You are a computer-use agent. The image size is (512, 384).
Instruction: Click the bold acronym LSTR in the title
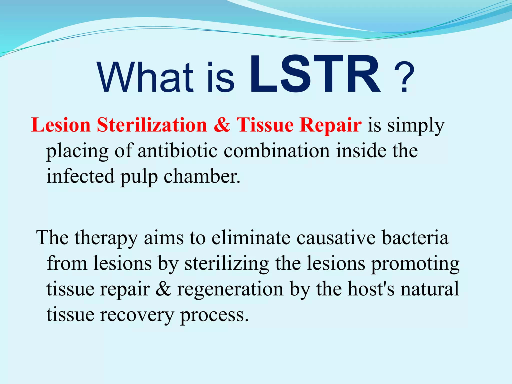(x=315, y=74)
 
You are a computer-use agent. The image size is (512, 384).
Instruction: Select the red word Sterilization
(x=152, y=125)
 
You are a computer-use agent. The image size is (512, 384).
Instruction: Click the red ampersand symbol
(x=222, y=125)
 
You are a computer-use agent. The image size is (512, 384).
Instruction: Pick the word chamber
(x=202, y=176)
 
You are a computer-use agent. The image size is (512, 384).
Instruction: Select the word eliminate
(x=251, y=237)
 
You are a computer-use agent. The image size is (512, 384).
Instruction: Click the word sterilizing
(x=227, y=264)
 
